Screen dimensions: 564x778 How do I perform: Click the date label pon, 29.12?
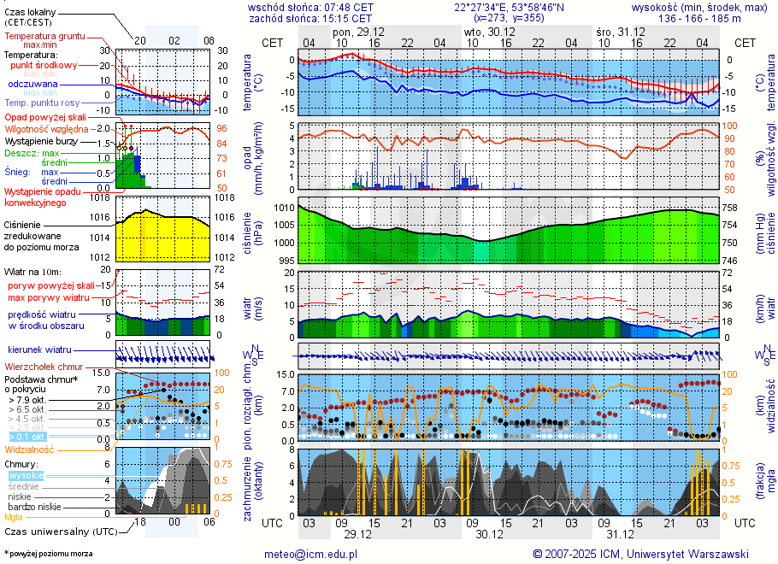click(x=360, y=32)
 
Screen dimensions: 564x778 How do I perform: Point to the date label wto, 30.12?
click(x=484, y=32)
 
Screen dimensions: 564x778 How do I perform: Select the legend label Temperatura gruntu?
click(x=44, y=37)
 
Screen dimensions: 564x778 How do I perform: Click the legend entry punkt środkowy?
click(x=44, y=65)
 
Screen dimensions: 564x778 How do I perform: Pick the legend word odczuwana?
click(x=32, y=85)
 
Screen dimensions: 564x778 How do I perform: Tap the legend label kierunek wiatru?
click(x=39, y=350)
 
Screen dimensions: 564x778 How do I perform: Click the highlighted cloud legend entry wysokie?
click(x=26, y=475)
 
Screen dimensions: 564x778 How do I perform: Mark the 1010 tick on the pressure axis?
click(x=284, y=208)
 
